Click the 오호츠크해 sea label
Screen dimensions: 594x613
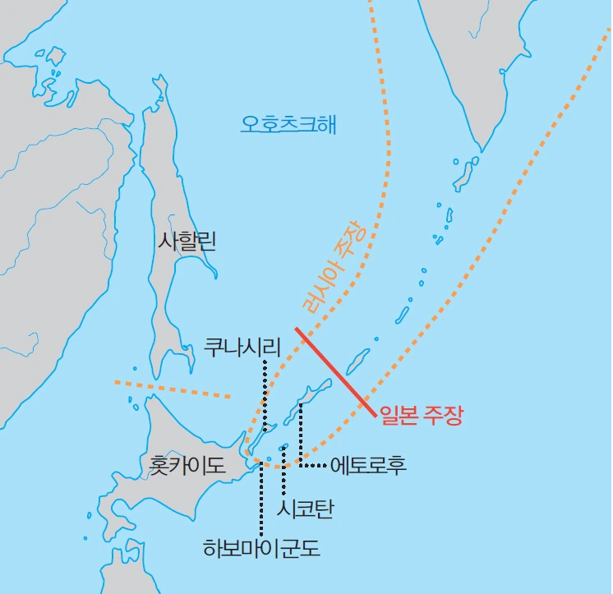(288, 125)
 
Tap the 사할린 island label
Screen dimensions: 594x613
(187, 241)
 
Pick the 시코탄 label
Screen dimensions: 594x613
(306, 509)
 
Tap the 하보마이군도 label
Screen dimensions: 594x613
(261, 548)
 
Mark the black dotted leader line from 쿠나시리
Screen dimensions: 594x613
(265, 394)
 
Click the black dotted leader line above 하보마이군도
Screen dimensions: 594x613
(260, 497)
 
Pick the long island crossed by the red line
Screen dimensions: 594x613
(357, 360)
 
